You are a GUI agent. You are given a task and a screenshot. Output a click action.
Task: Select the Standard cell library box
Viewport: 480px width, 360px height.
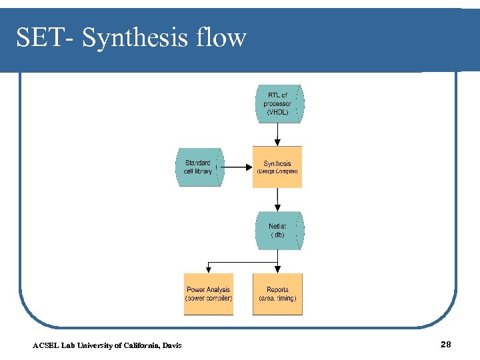click(x=199, y=167)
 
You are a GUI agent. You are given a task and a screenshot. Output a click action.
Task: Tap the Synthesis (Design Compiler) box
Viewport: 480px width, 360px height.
click(x=277, y=167)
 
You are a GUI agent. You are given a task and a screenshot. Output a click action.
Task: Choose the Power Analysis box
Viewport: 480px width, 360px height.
click(x=209, y=294)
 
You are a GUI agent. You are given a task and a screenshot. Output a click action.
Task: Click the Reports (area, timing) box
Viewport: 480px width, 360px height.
click(x=277, y=294)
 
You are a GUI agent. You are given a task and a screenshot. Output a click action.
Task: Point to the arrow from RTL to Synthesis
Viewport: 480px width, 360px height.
click(x=277, y=134)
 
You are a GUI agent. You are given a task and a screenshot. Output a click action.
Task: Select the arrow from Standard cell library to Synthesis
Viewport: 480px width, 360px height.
click(x=237, y=167)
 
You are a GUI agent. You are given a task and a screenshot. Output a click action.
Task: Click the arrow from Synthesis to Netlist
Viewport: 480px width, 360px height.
click(x=277, y=199)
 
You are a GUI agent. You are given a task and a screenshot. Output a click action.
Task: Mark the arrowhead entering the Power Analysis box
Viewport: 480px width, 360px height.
click(x=209, y=269)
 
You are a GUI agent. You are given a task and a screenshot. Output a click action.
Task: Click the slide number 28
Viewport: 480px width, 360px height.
click(x=446, y=344)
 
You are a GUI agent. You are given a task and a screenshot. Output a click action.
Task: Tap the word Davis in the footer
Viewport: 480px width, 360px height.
click(x=171, y=345)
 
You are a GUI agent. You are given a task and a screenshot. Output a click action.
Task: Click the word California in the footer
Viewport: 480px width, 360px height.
click(x=137, y=345)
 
